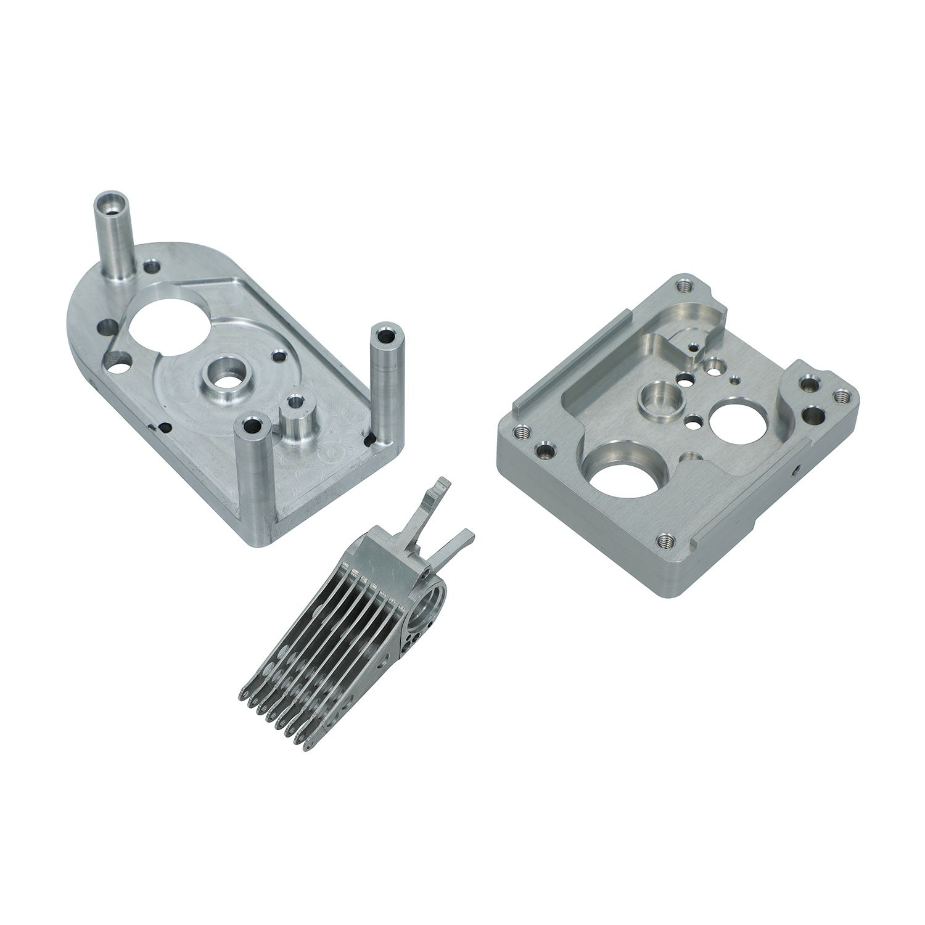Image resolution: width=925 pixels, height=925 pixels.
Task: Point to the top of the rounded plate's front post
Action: (253, 425)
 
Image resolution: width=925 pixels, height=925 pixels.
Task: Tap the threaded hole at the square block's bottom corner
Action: (664, 540)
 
